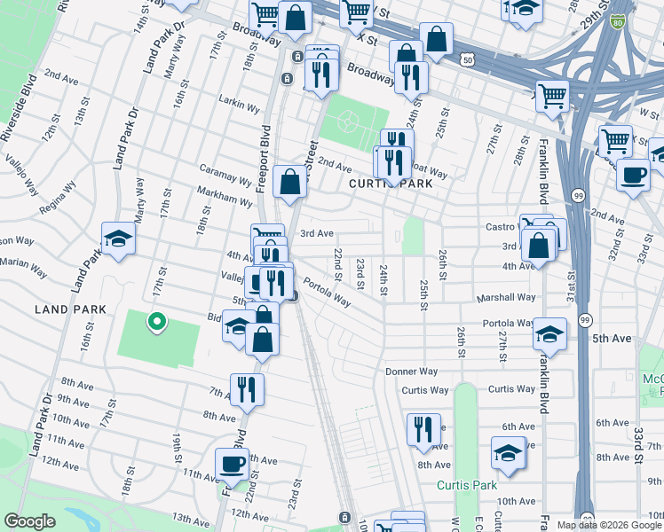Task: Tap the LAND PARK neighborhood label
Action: point(70,309)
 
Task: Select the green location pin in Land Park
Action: point(156,322)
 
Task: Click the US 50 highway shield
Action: point(492,58)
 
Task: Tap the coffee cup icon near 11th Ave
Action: point(233,463)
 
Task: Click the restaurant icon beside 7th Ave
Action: point(247,388)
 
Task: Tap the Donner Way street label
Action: point(411,372)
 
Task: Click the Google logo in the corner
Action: point(30,520)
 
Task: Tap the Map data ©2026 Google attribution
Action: point(609,524)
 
